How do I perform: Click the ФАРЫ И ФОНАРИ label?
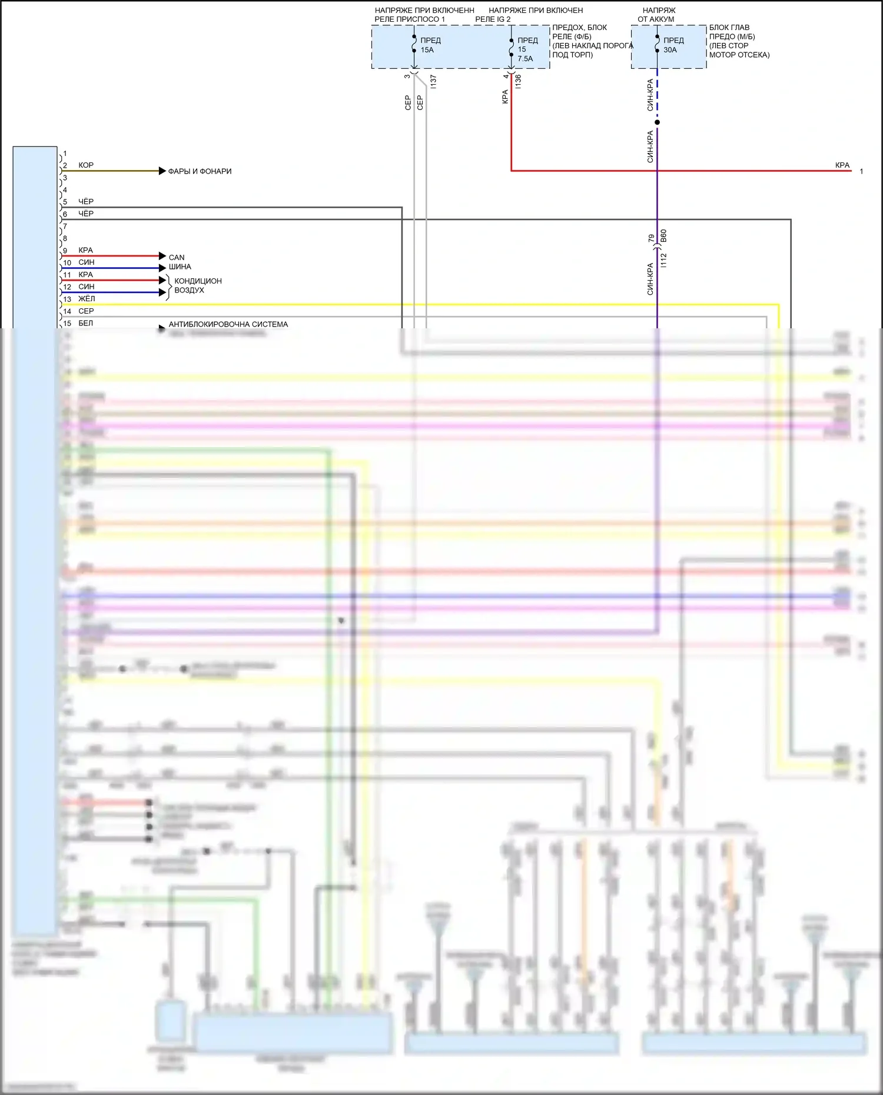200,171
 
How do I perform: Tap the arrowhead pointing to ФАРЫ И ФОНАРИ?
162,171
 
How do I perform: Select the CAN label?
177,258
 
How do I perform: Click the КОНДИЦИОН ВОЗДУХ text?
198,286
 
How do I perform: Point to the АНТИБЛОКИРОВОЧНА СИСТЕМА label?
228,324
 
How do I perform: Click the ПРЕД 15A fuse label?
430,45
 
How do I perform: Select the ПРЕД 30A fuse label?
673,45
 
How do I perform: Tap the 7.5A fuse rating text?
525,59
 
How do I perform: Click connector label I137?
433,81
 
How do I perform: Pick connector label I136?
518,81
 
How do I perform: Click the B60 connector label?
664,237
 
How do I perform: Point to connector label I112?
664,260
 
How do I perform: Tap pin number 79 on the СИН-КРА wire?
651,238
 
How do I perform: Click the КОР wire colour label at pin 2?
86,165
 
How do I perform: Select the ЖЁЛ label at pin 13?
87,299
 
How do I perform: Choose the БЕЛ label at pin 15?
86,323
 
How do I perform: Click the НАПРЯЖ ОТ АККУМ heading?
657,15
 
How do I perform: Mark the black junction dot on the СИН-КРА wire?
658,122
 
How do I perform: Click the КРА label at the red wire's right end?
842,165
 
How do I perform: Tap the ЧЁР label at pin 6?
86,214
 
